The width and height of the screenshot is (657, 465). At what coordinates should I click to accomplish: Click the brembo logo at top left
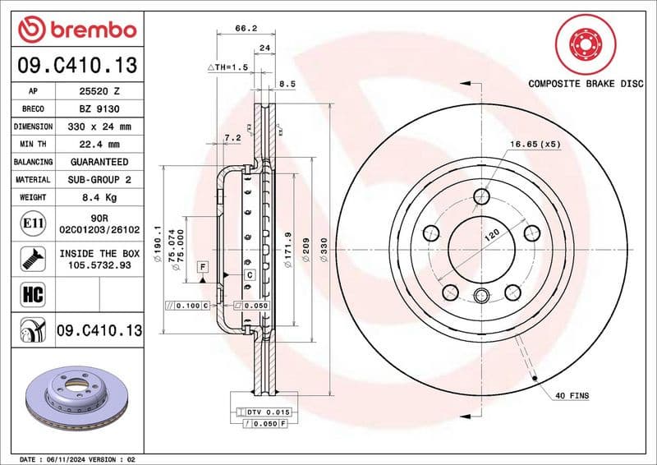[77, 30]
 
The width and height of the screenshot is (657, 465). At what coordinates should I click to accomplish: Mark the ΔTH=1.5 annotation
[227, 67]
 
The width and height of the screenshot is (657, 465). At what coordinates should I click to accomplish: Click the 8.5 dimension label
[287, 84]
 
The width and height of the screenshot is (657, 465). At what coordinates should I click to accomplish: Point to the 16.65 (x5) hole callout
[535, 144]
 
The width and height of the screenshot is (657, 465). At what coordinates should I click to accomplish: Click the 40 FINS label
[572, 396]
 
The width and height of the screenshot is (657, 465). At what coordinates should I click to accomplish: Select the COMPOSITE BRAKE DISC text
[585, 84]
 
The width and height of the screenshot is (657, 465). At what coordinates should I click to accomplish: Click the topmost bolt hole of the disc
[482, 196]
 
